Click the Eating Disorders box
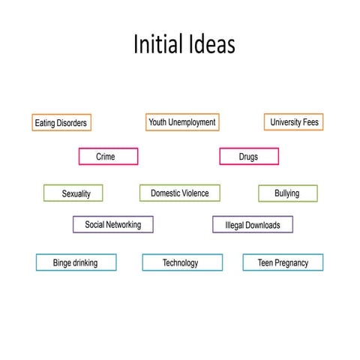coord(61,122)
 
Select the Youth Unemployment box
coord(182,122)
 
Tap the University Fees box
coord(294,122)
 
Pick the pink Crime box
coord(108,157)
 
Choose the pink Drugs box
coord(249,157)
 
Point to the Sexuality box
coord(73,193)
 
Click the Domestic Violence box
coord(180,193)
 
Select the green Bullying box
coord(288,193)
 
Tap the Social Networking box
coord(113,224)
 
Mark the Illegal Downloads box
coord(253,224)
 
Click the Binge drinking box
coord(76,262)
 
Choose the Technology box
coord(182,262)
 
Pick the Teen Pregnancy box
coord(283,262)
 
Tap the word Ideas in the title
coord(212,43)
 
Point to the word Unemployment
coord(192,122)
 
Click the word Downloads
coord(263,225)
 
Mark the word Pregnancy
coord(292,263)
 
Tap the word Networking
coord(124,225)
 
